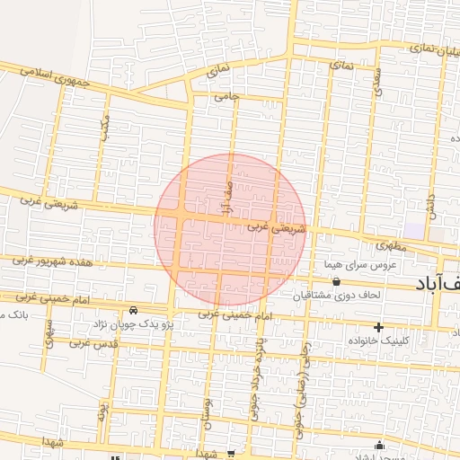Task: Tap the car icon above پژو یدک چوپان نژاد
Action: tap(133, 310)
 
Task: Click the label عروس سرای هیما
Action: tap(360, 266)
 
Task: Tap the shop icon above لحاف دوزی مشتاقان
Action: tap(336, 282)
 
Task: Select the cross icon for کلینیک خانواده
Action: tap(378, 327)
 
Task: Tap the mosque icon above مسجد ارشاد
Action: tap(380, 444)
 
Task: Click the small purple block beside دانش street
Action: tap(413, 230)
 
